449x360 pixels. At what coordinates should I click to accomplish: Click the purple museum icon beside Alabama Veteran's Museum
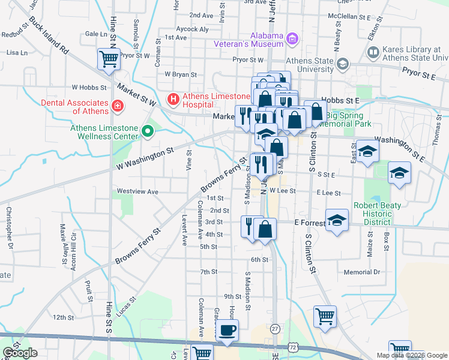pyautogui.click(x=292, y=40)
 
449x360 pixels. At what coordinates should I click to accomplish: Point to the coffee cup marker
pyautogui.click(x=227, y=331)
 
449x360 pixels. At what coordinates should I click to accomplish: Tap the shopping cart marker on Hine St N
pyautogui.click(x=109, y=59)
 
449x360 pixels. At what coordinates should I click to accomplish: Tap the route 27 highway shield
pyautogui.click(x=275, y=329)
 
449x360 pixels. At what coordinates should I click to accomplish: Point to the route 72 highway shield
pyautogui.click(x=292, y=347)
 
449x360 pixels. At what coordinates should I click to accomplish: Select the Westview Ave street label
pyautogui.click(x=137, y=192)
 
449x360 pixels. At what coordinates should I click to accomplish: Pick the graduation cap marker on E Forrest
pyautogui.click(x=337, y=220)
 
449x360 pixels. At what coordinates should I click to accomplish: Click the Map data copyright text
pyautogui.click(x=412, y=355)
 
